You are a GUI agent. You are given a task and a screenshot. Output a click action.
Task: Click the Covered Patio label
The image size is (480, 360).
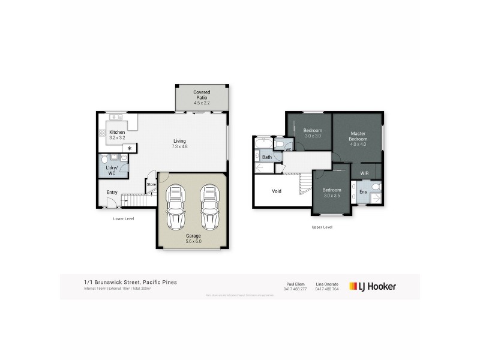point(202,97)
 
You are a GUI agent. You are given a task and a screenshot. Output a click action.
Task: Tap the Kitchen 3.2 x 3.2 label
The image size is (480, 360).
point(116,135)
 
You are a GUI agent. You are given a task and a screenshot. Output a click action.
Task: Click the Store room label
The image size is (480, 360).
point(151,184)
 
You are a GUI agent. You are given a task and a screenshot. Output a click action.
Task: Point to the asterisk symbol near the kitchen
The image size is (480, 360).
point(128,148)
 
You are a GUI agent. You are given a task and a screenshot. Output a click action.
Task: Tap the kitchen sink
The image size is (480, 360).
point(116,117)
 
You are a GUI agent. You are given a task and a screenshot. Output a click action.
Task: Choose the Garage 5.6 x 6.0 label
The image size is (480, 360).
point(193,239)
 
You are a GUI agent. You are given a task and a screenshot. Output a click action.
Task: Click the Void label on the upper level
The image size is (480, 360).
point(277,191)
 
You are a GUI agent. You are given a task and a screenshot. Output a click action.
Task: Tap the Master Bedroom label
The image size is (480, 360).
point(358,136)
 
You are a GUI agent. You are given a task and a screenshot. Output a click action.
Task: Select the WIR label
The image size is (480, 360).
point(364,173)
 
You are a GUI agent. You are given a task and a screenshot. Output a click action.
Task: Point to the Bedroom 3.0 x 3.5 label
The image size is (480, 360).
point(331,192)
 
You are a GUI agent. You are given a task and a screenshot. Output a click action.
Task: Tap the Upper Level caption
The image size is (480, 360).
point(322,227)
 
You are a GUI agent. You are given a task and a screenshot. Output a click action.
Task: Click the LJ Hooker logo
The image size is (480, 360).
point(373,287)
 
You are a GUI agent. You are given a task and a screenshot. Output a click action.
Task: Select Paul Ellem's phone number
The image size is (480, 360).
point(295,290)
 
